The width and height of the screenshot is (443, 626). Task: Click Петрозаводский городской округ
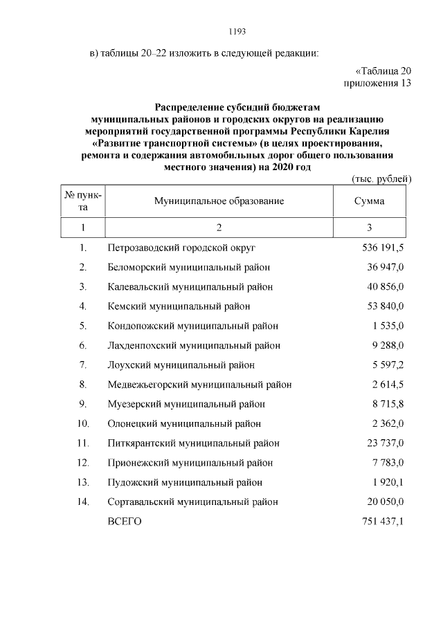point(182,247)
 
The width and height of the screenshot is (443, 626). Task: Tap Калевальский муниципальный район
point(190,286)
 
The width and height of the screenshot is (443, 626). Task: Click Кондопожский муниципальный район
point(193,325)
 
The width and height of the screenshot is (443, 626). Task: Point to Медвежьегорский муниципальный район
point(199,384)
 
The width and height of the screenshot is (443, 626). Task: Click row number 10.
point(83,423)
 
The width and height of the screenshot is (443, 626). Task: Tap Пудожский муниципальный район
point(185,482)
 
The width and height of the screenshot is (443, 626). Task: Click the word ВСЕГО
point(125,521)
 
